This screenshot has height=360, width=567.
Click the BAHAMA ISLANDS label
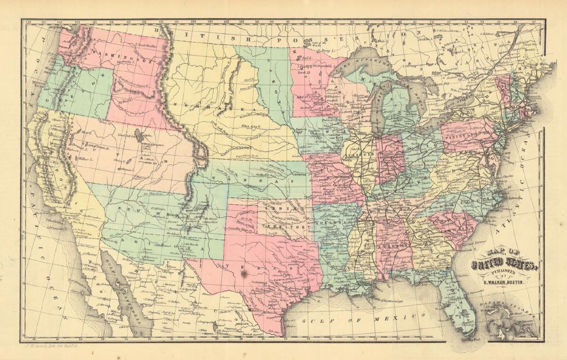[x=508, y=307]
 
